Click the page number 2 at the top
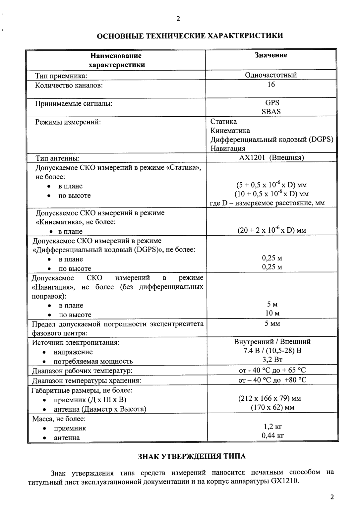click(178, 19)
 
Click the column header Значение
click(271, 55)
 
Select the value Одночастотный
click(271, 75)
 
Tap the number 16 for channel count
click(271, 85)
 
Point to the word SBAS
click(271, 112)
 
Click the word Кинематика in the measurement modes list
click(230, 131)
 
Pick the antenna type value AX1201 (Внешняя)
click(271, 158)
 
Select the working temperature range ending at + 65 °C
click(272, 370)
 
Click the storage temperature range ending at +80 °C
click(272, 380)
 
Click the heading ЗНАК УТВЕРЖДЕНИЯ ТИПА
click(192, 456)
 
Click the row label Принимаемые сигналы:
click(74, 104)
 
